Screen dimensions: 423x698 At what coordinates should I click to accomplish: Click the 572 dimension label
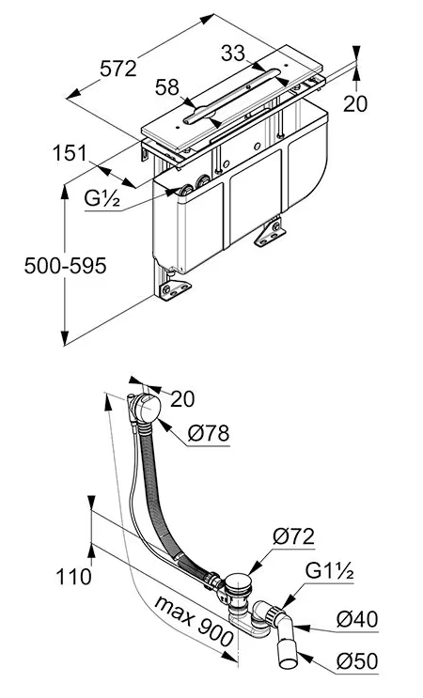point(118,69)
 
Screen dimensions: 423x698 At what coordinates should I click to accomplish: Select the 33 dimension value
point(233,54)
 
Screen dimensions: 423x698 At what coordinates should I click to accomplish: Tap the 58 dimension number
point(167,87)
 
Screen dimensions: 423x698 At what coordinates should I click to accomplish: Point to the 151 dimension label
point(70,153)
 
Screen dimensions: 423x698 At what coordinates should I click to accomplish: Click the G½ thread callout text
point(102,199)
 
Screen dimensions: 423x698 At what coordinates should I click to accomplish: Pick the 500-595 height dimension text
point(66,266)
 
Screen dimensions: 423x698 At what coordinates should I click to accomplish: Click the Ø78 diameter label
point(208,433)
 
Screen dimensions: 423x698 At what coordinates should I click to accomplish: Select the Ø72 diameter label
point(294,536)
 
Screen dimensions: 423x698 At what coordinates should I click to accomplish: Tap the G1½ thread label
point(330,571)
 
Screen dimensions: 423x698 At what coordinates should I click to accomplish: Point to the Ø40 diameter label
point(357,619)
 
